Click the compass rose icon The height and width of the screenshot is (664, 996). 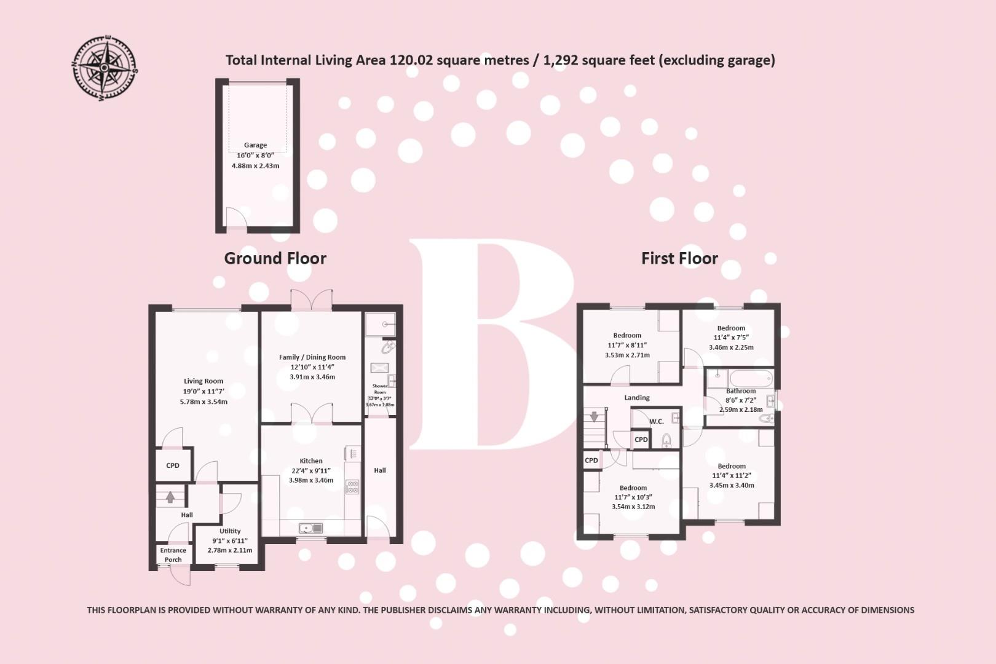(x=105, y=68)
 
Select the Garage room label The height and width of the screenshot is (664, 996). (x=255, y=145)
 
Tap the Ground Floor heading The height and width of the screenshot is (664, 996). (x=275, y=258)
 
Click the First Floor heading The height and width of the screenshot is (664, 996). (x=679, y=258)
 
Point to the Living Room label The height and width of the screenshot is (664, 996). (x=204, y=381)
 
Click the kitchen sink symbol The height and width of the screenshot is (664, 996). (x=310, y=528)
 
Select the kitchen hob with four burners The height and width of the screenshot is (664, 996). (x=352, y=487)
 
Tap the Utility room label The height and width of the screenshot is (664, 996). (x=230, y=531)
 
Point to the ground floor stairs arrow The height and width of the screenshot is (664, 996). (x=170, y=497)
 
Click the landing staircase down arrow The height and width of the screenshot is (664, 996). (x=594, y=416)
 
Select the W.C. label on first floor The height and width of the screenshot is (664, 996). (x=657, y=421)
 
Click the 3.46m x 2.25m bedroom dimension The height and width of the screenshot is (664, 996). (x=731, y=347)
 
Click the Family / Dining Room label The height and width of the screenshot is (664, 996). (x=312, y=357)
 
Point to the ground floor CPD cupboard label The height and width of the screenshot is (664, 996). (x=173, y=465)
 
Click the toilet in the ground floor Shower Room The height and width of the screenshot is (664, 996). (x=387, y=348)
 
